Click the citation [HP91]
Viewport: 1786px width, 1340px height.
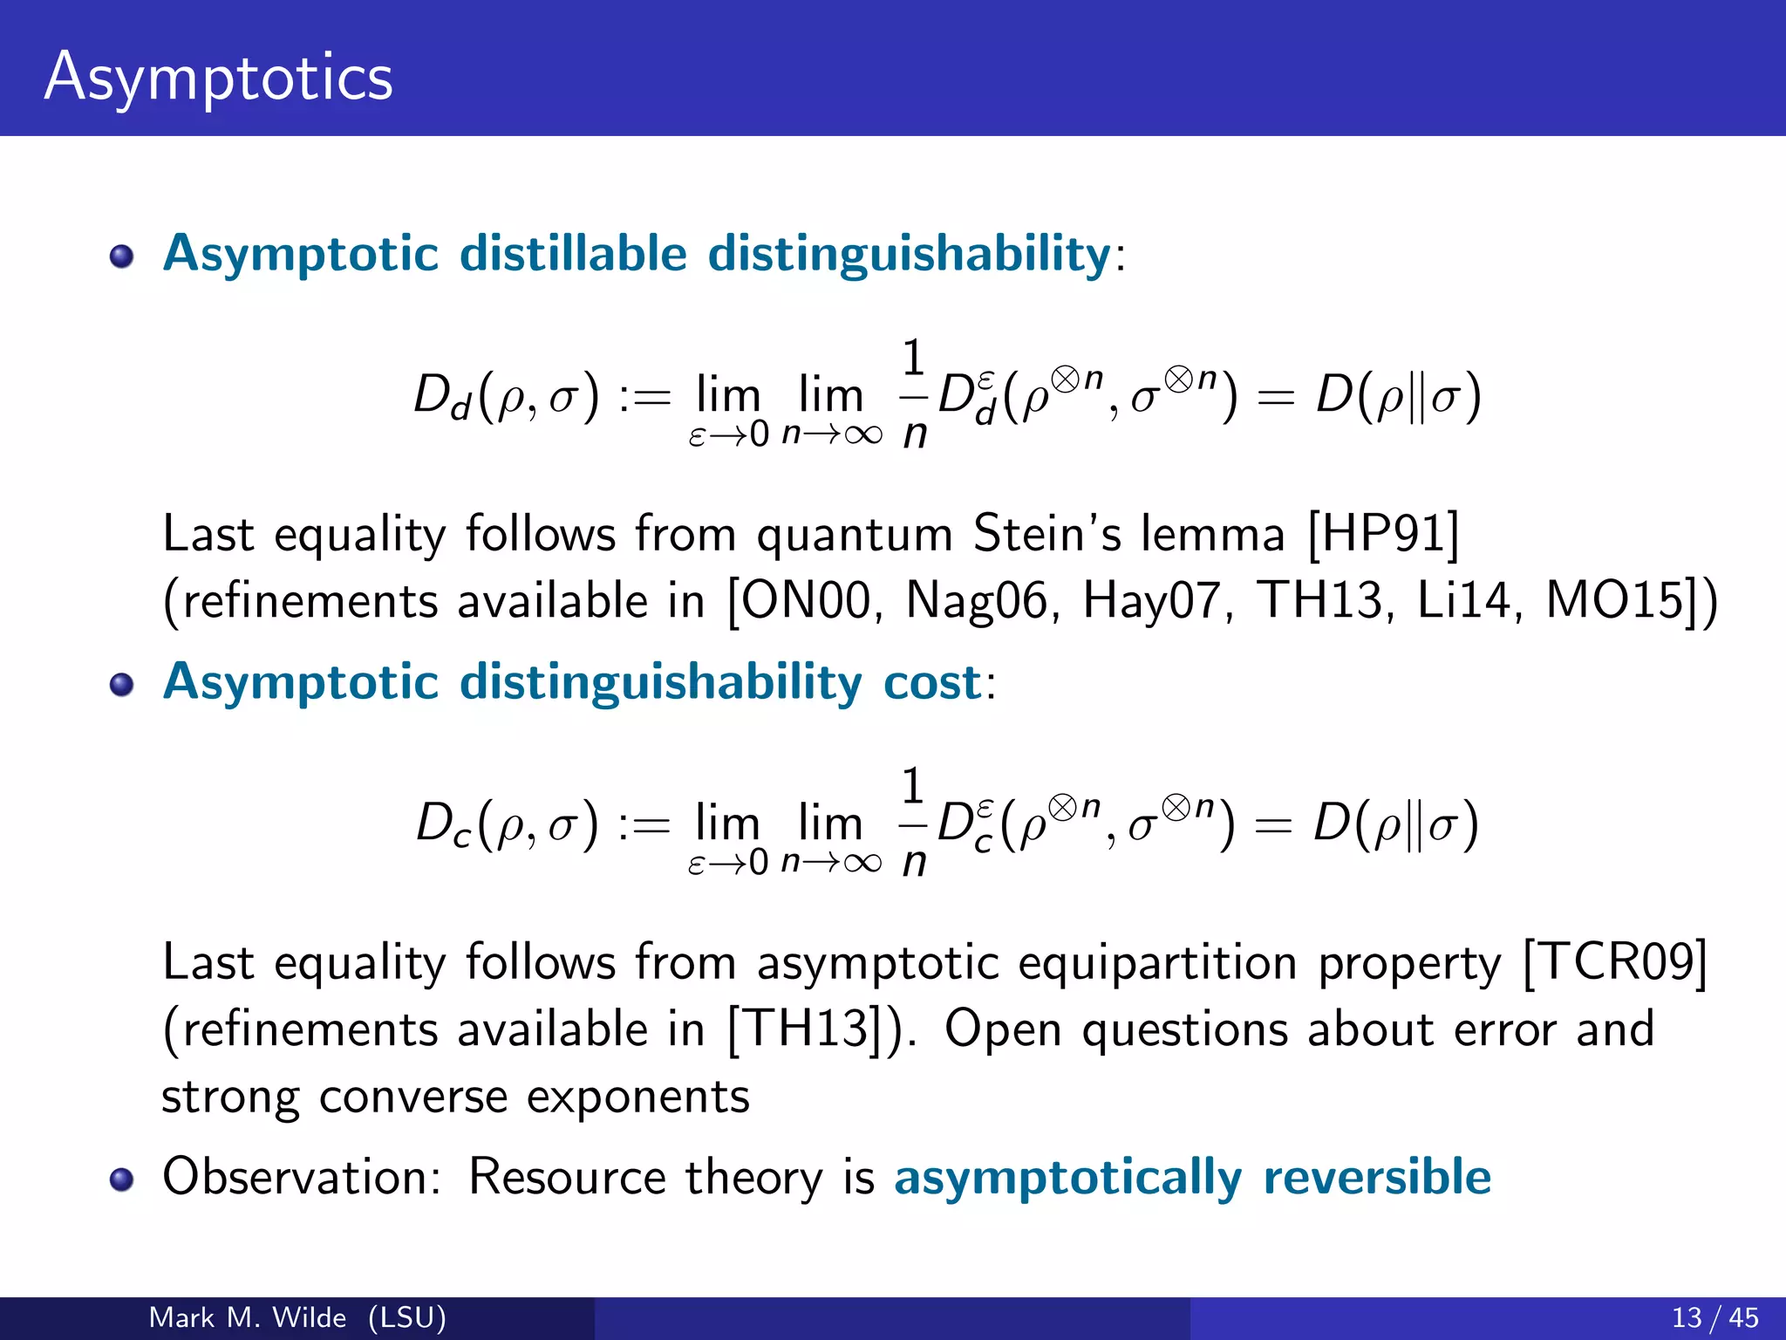[x=1383, y=534]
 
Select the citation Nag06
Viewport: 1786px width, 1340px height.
[x=977, y=601]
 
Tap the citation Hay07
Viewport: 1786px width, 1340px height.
[x=1151, y=601]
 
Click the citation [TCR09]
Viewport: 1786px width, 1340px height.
[x=1615, y=962]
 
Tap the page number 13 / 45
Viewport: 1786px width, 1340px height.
[x=1714, y=1317]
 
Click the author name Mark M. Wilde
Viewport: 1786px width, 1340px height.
[x=248, y=1317]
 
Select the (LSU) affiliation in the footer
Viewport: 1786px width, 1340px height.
[x=406, y=1317]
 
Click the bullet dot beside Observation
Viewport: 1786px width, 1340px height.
[x=121, y=1179]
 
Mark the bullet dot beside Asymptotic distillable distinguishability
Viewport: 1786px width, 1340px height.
[x=121, y=256]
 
